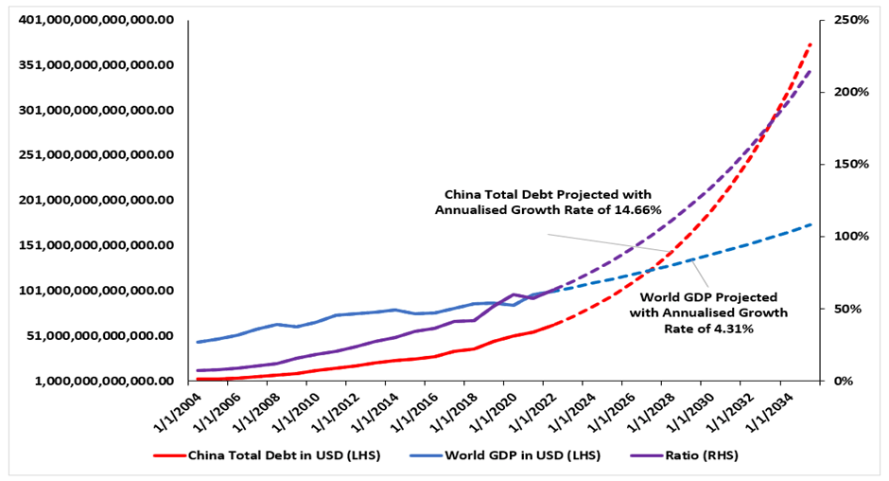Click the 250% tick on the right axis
click(849, 20)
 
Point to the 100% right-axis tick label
click(849, 236)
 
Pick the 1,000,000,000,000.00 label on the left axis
click(97, 381)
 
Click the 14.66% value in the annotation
click(636, 210)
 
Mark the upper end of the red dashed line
click(811, 43)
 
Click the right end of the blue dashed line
click(811, 224)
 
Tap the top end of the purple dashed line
click(811, 71)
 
